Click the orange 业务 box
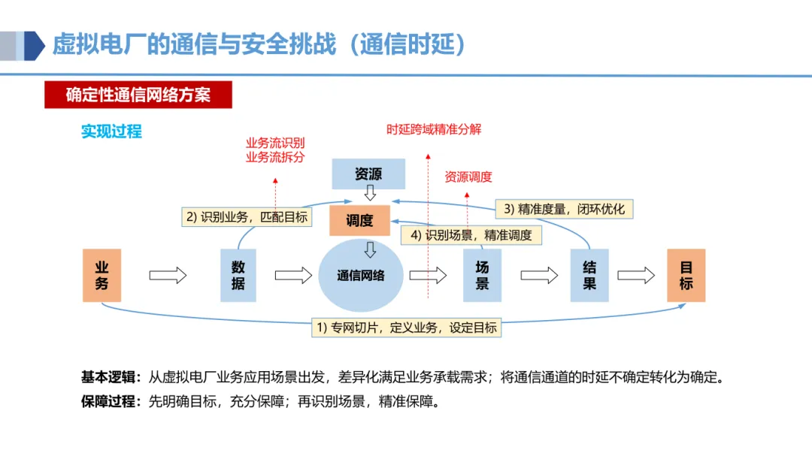(101, 275)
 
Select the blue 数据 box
(238, 275)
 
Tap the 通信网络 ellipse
(361, 276)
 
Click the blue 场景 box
(482, 275)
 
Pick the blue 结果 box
(589, 275)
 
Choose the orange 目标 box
(686, 275)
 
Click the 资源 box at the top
(368, 174)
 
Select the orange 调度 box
(359, 221)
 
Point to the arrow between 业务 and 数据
(168, 276)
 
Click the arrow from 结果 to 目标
(636, 276)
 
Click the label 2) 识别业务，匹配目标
(247, 217)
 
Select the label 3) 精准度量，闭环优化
(564, 208)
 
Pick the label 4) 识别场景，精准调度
(471, 235)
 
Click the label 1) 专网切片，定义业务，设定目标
(406, 328)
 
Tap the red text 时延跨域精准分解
(434, 129)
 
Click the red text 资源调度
(468, 177)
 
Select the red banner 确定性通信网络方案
(138, 95)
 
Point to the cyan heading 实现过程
(111, 131)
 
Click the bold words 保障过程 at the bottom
(109, 401)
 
